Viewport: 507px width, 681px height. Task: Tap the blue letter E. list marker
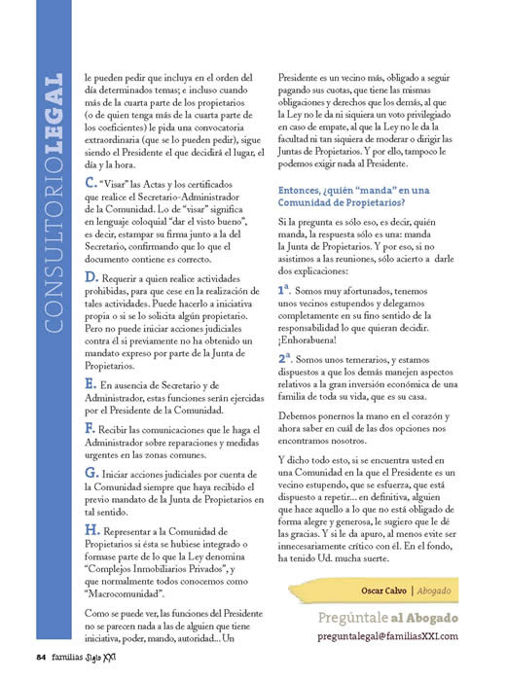[x=91, y=387]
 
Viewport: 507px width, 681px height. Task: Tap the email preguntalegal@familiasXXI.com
[x=403, y=634]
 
